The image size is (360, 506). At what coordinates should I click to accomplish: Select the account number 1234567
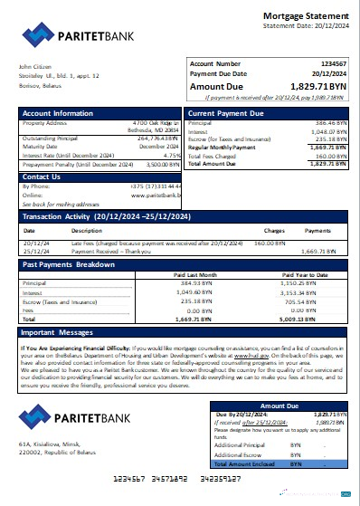pos(328,64)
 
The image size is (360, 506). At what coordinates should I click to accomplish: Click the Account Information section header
pos(58,113)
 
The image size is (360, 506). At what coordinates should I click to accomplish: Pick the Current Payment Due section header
pos(226,113)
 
